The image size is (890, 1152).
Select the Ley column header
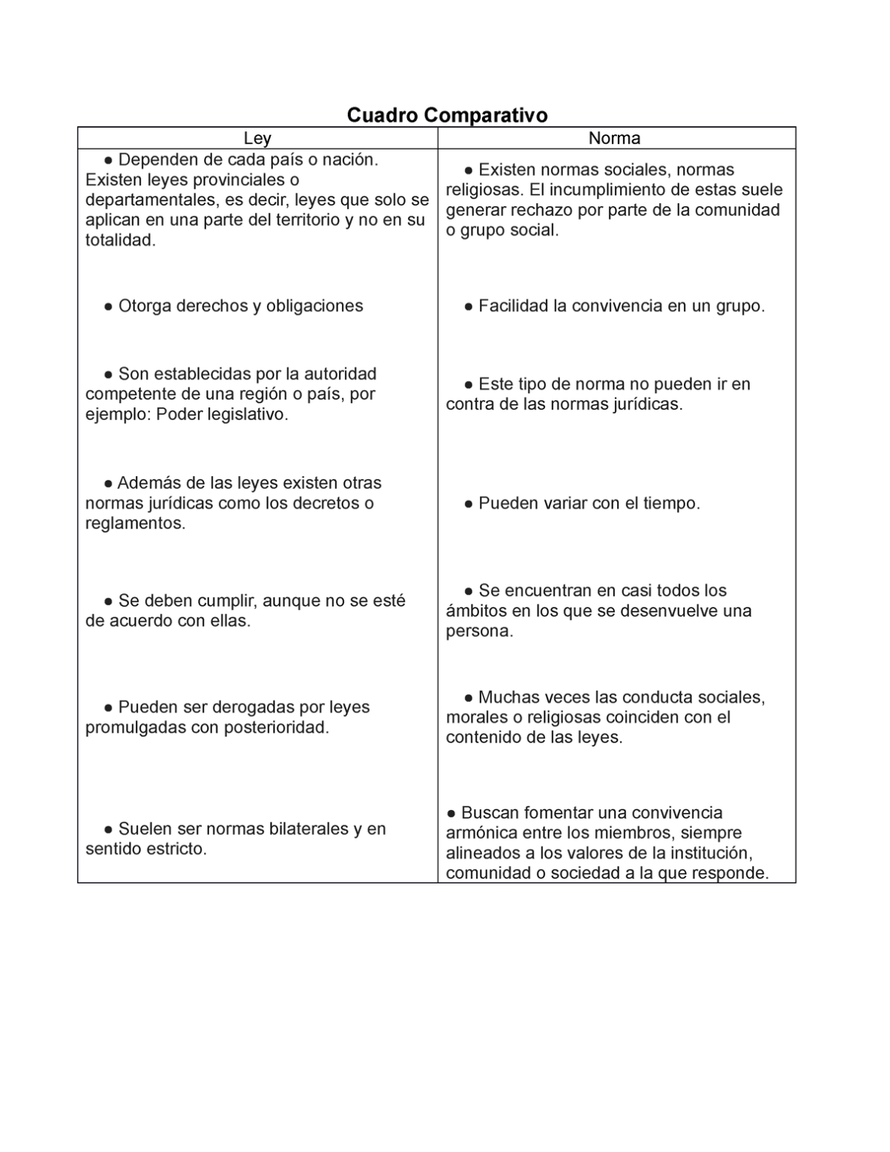pyautogui.click(x=257, y=138)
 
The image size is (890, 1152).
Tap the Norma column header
pyautogui.click(x=614, y=138)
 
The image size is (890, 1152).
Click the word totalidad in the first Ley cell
pyautogui.click(x=120, y=241)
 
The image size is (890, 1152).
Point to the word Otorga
pyautogui.click(x=145, y=306)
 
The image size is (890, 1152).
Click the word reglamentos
pyautogui.click(x=134, y=523)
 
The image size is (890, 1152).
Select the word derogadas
pyautogui.click(x=253, y=707)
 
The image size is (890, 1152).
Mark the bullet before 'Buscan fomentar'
pyautogui.click(x=451, y=813)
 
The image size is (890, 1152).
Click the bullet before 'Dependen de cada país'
pyautogui.click(x=109, y=160)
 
